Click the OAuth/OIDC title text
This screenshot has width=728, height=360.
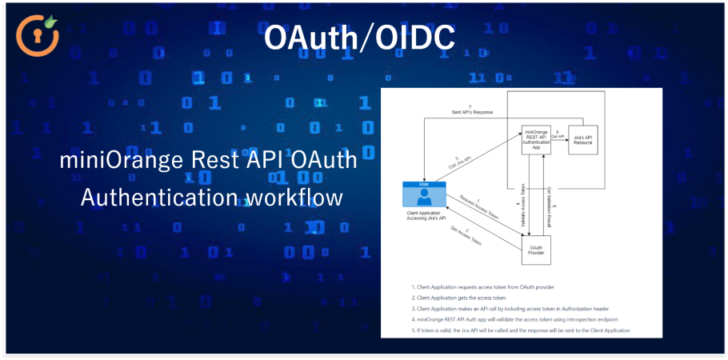tap(359, 38)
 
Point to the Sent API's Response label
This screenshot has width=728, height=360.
tap(470, 112)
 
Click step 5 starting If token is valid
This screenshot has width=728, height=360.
tap(521, 330)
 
